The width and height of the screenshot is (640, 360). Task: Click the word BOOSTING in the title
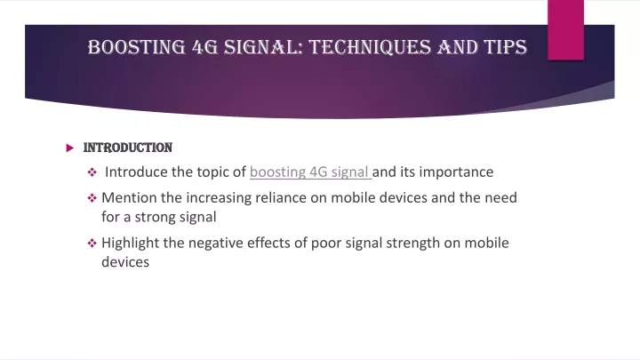click(x=137, y=47)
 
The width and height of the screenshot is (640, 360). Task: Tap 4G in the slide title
click(x=205, y=47)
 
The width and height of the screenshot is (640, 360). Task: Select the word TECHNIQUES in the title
click(x=370, y=47)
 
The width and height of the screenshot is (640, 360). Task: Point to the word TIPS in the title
click(x=506, y=47)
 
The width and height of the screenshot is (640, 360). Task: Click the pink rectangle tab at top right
click(x=565, y=30)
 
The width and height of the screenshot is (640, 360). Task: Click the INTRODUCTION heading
click(x=128, y=148)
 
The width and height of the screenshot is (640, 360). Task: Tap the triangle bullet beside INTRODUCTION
click(x=70, y=148)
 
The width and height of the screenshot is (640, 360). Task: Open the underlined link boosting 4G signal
click(x=310, y=172)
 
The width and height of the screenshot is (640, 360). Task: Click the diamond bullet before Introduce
click(x=92, y=172)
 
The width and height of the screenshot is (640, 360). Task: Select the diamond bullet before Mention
click(x=92, y=198)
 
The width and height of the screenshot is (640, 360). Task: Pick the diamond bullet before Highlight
click(x=92, y=244)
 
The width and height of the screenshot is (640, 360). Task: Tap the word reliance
click(x=281, y=197)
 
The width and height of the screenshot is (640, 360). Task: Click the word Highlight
click(x=130, y=244)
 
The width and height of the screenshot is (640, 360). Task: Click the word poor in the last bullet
click(x=326, y=244)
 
